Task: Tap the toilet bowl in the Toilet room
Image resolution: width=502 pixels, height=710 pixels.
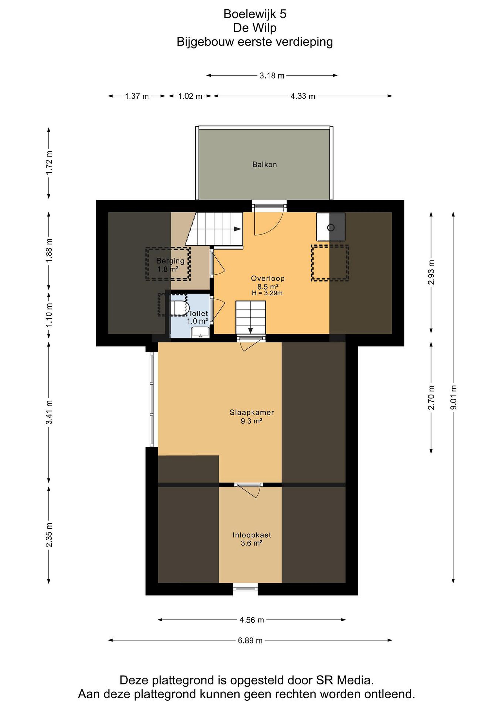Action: click(179, 307)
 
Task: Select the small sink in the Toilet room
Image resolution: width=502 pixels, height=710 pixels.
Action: click(200, 332)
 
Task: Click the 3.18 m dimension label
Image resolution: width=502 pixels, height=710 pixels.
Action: click(272, 76)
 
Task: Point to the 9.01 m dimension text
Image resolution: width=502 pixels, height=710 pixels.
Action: click(453, 397)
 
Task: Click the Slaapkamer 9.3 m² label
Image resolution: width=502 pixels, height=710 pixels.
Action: click(252, 417)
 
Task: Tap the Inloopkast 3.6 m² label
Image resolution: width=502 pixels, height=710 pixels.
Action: click(252, 539)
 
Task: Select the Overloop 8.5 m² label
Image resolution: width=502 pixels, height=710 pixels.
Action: click(268, 282)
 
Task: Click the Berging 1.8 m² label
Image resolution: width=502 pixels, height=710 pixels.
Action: click(170, 265)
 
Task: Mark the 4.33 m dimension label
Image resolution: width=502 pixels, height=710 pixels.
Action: click(303, 96)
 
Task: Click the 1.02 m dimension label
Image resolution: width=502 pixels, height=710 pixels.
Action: click(190, 96)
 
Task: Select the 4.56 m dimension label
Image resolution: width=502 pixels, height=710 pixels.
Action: click(252, 620)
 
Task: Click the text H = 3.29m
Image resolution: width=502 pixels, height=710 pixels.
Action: click(267, 293)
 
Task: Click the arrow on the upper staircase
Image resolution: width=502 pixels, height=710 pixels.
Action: click(237, 229)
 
